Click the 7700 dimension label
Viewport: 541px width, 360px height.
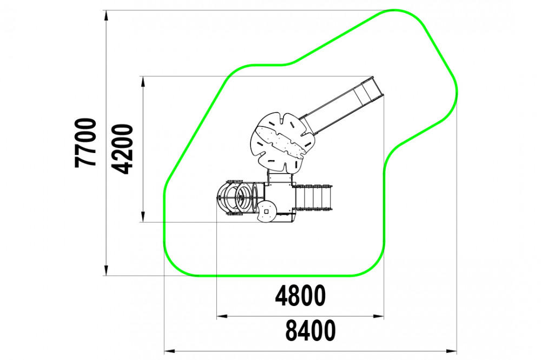(85, 143)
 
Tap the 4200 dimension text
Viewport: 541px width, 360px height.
(123, 149)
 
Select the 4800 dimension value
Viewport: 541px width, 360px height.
(300, 296)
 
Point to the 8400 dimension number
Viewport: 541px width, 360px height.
(310, 330)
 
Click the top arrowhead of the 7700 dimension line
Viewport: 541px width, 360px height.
(107, 16)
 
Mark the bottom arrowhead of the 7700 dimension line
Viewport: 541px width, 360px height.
(107, 270)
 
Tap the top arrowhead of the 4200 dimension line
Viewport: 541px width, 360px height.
(142, 82)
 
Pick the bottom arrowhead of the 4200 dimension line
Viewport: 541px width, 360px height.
(142, 217)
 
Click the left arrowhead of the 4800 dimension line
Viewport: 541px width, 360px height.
(222, 316)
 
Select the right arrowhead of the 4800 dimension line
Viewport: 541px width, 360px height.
(379, 316)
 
